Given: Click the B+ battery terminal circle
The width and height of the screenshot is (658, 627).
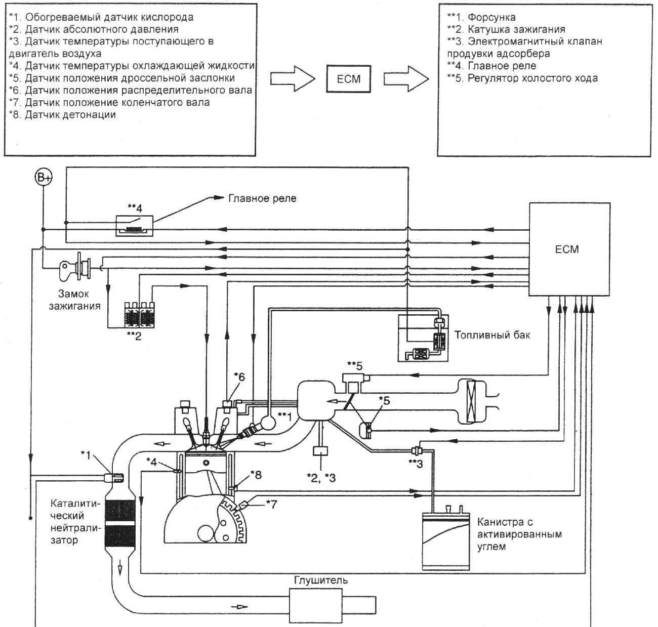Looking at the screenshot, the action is coord(44,178).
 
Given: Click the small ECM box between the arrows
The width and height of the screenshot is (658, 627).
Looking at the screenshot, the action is coord(348,79).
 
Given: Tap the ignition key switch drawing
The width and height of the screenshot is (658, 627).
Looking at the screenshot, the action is coord(75,268).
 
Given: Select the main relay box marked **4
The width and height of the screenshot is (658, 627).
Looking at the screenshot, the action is coord(134,226).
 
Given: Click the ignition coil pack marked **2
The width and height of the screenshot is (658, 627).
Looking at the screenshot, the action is coord(139,315).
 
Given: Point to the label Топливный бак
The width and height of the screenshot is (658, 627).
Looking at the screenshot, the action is coord(492,335).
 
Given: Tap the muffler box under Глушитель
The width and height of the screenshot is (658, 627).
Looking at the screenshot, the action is coord(315,605).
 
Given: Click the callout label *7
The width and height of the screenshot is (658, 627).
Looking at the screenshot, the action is coord(271,504).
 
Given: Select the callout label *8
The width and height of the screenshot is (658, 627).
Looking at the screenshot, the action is coord(256,475).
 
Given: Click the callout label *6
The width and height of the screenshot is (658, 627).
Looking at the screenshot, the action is coord(239,377).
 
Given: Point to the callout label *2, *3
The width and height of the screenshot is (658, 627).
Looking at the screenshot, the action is coord(321,478).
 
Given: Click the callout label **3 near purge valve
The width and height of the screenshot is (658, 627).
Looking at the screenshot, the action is coord(416,464).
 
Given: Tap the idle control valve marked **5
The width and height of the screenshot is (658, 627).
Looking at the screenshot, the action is coord(355,383).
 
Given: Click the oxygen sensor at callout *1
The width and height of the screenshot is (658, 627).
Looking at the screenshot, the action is coord(114,477).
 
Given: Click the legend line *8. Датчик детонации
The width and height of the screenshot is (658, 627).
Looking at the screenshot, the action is coord(62,114).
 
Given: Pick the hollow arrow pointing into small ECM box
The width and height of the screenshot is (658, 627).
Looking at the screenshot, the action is coord(293,79).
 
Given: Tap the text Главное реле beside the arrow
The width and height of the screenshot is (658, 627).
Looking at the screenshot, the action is coord(262,198).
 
